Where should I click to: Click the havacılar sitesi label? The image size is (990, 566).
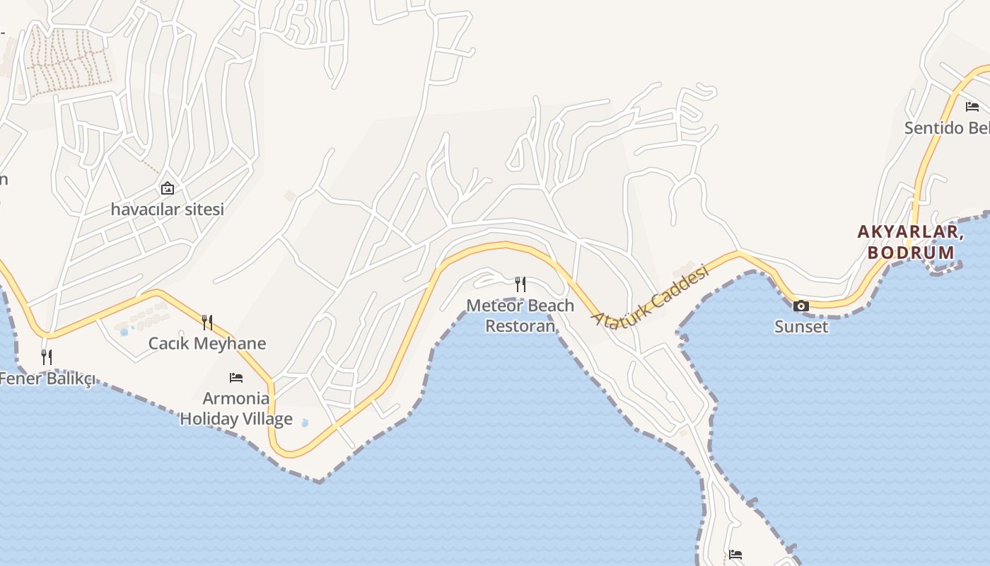click(167, 209)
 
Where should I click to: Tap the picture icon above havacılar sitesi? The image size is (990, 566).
click(168, 188)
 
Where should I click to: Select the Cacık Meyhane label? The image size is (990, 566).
click(207, 344)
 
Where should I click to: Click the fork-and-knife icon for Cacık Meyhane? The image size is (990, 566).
click(207, 323)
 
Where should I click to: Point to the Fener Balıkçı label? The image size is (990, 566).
click(47, 379)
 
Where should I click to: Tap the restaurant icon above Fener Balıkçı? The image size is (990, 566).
click(47, 357)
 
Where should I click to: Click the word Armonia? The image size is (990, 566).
click(236, 398)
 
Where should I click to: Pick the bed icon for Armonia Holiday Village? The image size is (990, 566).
click(236, 378)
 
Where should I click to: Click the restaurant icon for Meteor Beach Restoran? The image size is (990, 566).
click(520, 284)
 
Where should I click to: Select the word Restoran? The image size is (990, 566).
click(520, 326)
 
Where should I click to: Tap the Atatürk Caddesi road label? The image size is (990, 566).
click(650, 296)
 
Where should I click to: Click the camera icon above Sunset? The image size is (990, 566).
click(801, 306)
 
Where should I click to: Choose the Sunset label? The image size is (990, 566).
click(801, 327)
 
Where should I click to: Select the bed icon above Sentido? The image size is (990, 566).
click(972, 107)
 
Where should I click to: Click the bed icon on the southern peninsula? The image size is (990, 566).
click(735, 554)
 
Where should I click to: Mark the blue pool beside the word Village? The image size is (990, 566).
click(305, 423)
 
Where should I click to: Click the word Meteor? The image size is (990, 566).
click(493, 306)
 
